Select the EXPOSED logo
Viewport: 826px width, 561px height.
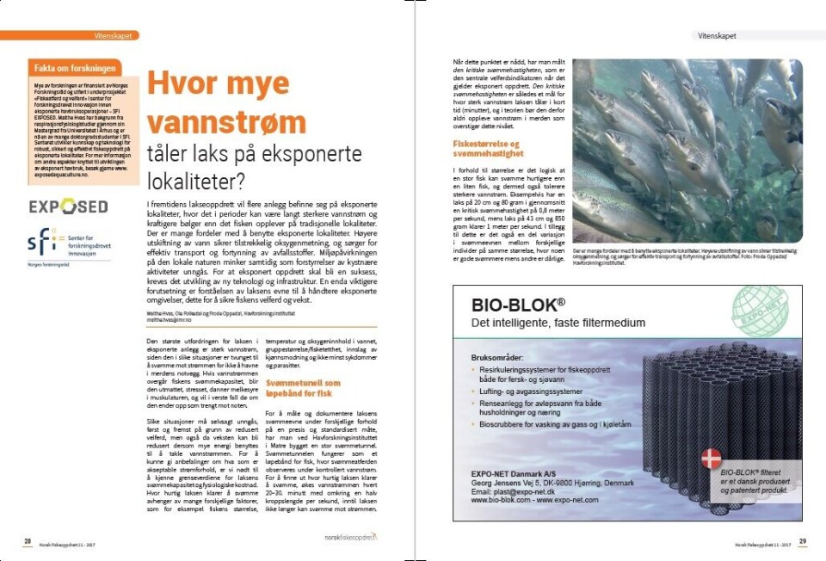pyautogui.click(x=68, y=207)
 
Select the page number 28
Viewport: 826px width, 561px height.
pyautogui.click(x=27, y=540)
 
